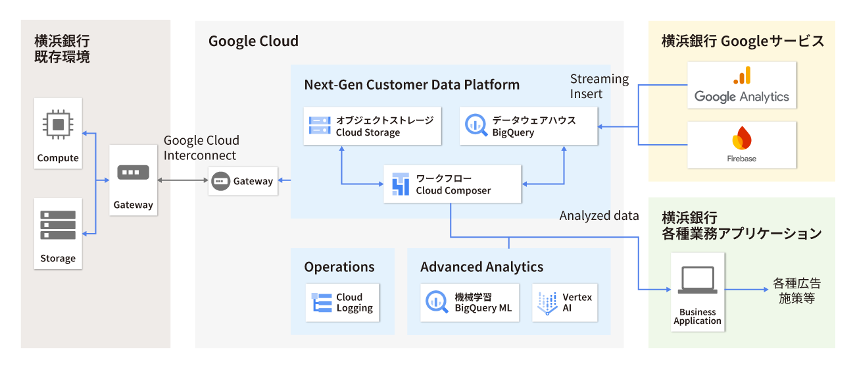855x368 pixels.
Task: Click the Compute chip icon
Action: click(x=59, y=124)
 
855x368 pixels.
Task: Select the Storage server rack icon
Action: click(x=58, y=224)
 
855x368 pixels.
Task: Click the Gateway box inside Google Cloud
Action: click(x=243, y=181)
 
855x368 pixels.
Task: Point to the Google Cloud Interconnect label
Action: click(x=201, y=148)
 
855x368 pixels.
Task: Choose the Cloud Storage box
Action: click(x=372, y=126)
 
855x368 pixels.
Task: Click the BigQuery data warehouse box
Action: click(x=529, y=126)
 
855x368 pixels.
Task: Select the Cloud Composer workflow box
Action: click(x=452, y=184)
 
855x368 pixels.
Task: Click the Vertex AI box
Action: click(x=565, y=303)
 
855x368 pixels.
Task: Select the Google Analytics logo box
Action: click(x=742, y=86)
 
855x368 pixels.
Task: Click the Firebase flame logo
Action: click(x=742, y=139)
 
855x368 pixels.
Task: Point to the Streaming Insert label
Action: click(x=599, y=86)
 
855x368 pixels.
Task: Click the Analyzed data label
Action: click(x=599, y=215)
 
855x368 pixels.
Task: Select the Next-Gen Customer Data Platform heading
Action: click(x=412, y=85)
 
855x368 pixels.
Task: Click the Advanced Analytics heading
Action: click(x=482, y=267)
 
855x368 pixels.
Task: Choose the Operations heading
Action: click(x=339, y=267)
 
